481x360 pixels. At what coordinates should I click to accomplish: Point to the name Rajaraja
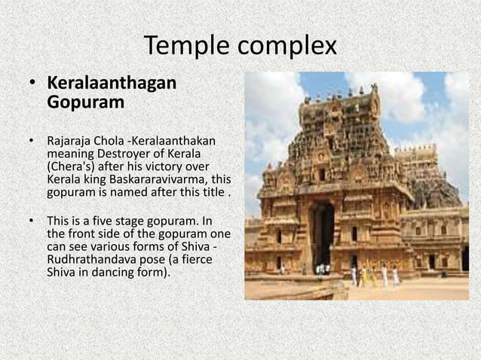(72, 141)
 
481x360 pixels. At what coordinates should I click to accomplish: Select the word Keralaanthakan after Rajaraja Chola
(177, 141)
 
